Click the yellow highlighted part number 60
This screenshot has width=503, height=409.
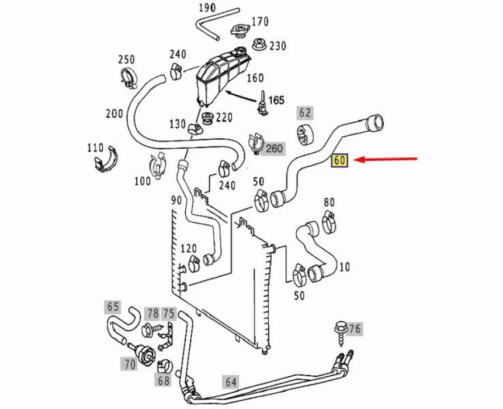coord(340,160)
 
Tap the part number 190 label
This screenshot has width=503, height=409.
coord(207,8)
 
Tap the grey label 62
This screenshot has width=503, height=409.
coord(305,113)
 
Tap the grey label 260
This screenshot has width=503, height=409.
coord(274,148)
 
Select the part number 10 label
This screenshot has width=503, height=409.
coord(344,267)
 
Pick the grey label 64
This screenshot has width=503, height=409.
coord(231,382)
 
